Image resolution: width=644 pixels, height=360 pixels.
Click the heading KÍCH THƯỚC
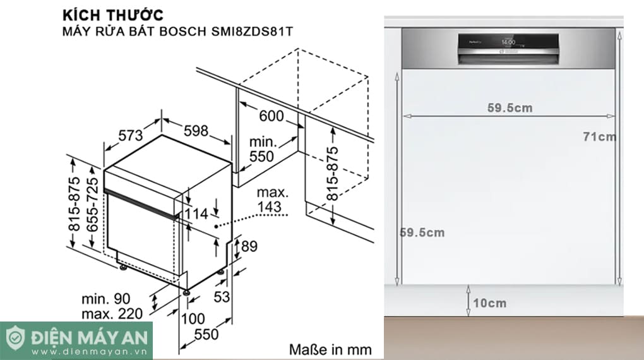tap(112, 14)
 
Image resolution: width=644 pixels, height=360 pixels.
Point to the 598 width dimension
tap(196, 131)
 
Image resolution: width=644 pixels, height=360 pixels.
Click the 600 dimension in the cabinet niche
tap(271, 116)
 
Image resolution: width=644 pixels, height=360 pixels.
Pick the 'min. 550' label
tap(261, 149)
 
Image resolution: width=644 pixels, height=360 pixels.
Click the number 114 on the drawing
tap(196, 215)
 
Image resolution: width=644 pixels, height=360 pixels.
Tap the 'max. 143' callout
tap(273, 198)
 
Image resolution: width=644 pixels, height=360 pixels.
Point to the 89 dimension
tap(249, 246)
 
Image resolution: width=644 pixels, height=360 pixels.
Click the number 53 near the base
tap(221, 297)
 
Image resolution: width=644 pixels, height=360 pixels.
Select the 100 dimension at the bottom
tap(193, 319)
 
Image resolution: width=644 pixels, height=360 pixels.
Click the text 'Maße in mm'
tap(330, 349)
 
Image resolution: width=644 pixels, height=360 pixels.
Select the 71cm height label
tap(599, 136)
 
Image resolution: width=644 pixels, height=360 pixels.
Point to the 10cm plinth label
tap(489, 303)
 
